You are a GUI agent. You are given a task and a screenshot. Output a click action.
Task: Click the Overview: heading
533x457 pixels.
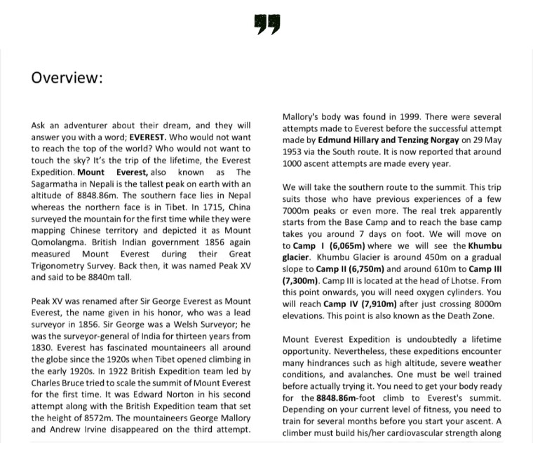point(67,78)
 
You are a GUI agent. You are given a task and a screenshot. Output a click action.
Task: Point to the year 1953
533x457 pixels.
point(294,151)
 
